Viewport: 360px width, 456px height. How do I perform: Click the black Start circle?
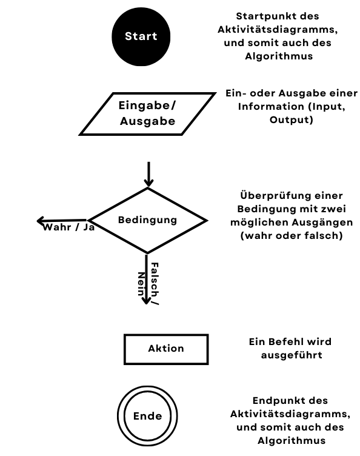141,36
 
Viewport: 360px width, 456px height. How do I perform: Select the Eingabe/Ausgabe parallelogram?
148,114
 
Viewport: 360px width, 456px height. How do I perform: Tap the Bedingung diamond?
148,221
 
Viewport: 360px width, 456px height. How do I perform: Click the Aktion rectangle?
166,349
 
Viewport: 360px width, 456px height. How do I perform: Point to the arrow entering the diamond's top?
148,174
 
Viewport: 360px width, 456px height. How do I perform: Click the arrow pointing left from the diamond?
62,221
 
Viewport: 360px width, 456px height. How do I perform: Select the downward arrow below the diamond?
147,280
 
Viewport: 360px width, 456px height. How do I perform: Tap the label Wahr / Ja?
69,227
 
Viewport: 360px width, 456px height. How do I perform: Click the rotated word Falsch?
155,280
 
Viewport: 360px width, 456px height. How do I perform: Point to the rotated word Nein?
141,284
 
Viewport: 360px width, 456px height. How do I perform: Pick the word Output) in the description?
292,120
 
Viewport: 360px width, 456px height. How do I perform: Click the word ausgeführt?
292,355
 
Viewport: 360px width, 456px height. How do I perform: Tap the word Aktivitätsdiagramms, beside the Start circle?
278,30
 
